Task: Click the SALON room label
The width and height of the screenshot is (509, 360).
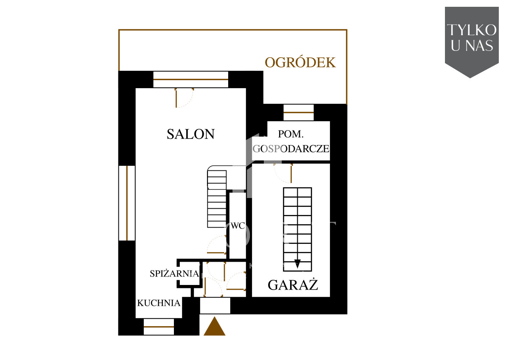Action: coord(190,134)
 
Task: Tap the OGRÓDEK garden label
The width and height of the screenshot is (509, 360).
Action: coord(300,62)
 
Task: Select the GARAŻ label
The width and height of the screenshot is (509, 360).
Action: coord(293,285)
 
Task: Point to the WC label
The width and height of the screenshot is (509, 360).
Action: coord(238,226)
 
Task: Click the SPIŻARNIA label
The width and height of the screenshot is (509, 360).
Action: coord(174,273)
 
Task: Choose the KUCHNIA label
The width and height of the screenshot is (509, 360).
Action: coord(159,303)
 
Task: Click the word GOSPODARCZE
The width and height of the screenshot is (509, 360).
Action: coord(291,148)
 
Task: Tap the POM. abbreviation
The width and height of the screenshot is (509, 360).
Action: coord(291,134)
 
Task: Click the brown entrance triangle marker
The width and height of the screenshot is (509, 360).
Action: coord(214,327)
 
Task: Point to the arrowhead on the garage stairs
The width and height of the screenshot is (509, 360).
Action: coord(297,264)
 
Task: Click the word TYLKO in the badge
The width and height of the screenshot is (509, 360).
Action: coord(472,30)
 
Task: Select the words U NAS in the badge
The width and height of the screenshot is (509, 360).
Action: coord(472,45)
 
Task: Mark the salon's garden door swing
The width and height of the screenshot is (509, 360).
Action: coord(184,98)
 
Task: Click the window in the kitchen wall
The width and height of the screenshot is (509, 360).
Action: coord(159,327)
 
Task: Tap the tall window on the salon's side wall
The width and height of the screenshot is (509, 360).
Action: coord(127,203)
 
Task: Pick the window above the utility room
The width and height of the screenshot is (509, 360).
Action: coord(299,112)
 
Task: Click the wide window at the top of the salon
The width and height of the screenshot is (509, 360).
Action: coord(190,79)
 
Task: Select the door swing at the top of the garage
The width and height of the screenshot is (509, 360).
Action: coord(283,173)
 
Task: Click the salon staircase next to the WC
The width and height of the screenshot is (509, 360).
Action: coord(217,199)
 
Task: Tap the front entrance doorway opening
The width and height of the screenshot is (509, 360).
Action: coord(215,305)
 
